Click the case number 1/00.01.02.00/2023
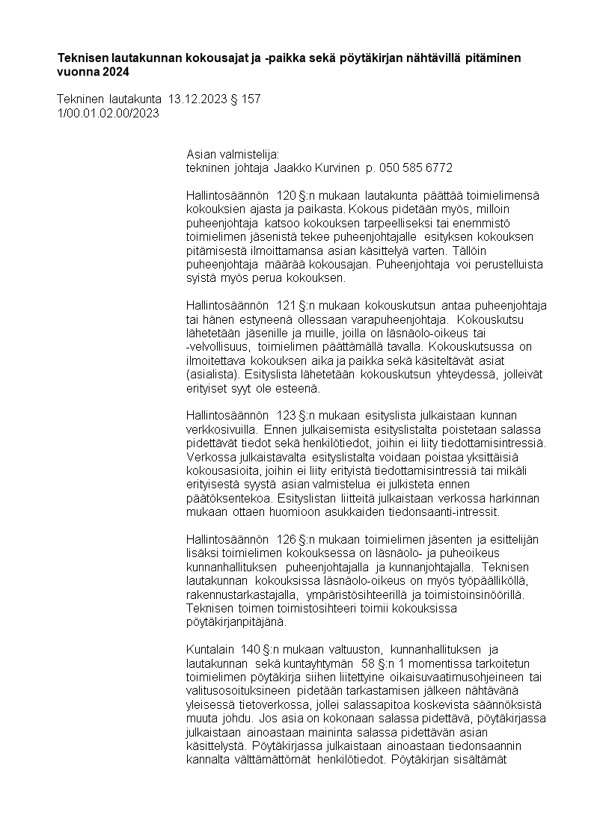(x=108, y=114)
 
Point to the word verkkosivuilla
(x=221, y=429)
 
